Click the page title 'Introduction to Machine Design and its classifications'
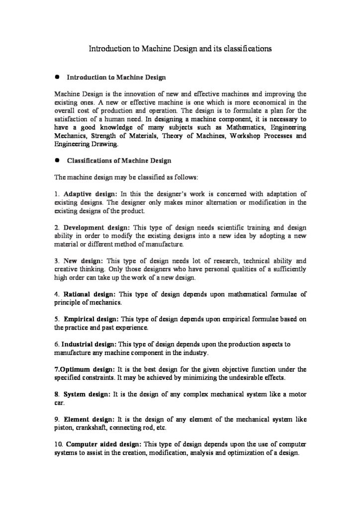pyautogui.click(x=180, y=49)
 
